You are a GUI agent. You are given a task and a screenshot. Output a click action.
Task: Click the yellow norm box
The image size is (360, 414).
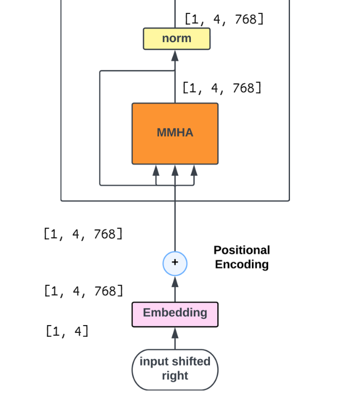176,39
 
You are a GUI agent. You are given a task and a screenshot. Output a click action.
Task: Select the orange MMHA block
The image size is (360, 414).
175,133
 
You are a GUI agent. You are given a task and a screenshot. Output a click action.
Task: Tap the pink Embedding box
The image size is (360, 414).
175,313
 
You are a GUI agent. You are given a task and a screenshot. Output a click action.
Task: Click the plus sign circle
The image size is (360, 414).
175,263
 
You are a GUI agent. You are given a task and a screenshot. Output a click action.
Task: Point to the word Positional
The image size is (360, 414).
241,250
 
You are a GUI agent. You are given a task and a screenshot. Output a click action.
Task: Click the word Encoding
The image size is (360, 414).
241,265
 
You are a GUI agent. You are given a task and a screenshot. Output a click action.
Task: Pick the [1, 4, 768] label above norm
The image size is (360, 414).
224,20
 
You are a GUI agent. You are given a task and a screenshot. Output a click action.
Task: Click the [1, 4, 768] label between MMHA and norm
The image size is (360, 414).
222,88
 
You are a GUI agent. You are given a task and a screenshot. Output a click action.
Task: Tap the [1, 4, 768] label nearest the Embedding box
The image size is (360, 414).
83,291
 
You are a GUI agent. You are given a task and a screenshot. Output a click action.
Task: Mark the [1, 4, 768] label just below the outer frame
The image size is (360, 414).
83,234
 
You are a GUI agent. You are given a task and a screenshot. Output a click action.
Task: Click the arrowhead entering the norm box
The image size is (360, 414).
175,55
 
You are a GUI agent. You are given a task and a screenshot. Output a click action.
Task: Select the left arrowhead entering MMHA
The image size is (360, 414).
156,170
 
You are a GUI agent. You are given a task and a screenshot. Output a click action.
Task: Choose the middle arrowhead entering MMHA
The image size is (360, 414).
175,170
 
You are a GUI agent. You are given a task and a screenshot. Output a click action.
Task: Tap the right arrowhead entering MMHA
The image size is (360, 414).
194,170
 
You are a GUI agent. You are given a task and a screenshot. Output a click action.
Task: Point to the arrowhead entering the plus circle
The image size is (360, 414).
175,281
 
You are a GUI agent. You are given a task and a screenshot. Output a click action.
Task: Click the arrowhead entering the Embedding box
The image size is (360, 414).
175,333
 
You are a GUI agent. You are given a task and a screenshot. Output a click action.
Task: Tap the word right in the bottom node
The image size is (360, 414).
175,376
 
